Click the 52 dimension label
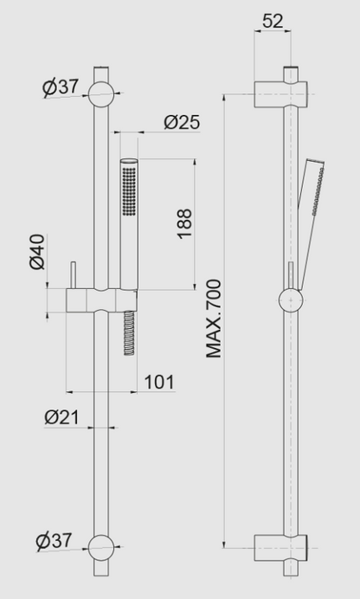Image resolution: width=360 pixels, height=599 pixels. pyautogui.click(x=273, y=21)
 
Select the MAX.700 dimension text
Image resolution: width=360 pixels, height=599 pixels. pyautogui.click(x=214, y=319)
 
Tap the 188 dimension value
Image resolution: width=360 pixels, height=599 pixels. pyautogui.click(x=184, y=224)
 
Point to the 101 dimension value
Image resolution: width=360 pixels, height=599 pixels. pyautogui.click(x=159, y=382)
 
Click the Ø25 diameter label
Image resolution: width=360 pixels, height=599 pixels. pyautogui.click(x=182, y=122)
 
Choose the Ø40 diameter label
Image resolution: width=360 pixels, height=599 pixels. pyautogui.click(x=37, y=252)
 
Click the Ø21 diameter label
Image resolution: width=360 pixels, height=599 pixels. pyautogui.click(x=61, y=416)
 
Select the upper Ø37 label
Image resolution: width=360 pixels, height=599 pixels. pyautogui.click(x=61, y=87)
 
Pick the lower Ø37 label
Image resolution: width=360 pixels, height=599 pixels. pyautogui.click(x=54, y=541)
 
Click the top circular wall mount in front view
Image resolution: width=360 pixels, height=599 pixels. pyautogui.click(x=101, y=94)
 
